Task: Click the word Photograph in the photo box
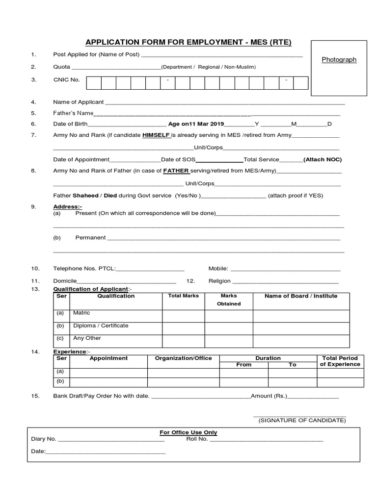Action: pos(339,59)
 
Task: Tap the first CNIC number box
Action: pos(94,83)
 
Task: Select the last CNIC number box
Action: pos(300,83)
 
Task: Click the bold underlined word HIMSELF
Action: pos(156,135)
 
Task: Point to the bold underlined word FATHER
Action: pos(176,171)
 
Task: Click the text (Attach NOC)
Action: pos(323,159)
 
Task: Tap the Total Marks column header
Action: pos(183,296)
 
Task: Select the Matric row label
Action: pos(81,313)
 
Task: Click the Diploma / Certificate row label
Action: pos(101,326)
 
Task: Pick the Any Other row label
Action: pos(87,338)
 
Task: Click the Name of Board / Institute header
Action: pos(301,296)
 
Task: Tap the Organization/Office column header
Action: pos(183,358)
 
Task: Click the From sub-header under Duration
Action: pos(243,365)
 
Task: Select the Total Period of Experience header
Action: pos(340,361)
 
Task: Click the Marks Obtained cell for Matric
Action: pos(228,316)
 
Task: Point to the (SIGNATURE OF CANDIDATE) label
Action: pos(302,421)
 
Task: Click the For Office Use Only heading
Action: pos(188,432)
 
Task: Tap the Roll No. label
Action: pos(197,439)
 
